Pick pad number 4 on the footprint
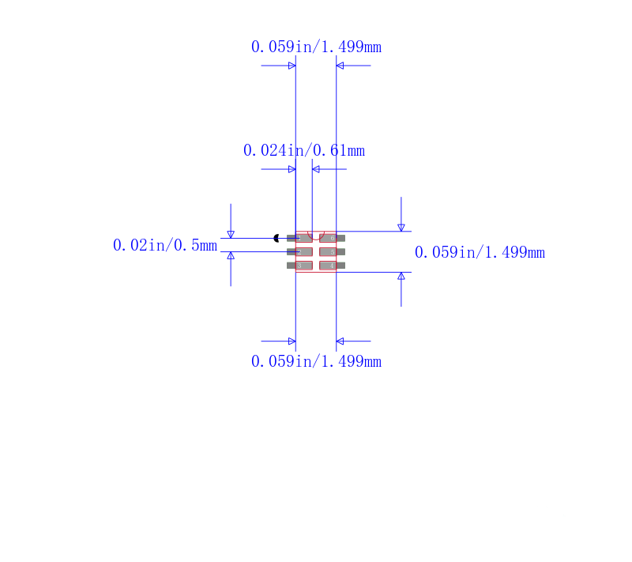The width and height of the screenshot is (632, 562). coord(333,266)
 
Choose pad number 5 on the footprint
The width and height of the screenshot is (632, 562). coord(333,252)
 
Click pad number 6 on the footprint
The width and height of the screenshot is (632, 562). coord(333,238)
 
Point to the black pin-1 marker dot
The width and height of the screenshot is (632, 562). coord(276,238)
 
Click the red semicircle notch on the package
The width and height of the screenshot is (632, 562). coord(316,235)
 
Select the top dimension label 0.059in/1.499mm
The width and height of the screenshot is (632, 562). coord(316,47)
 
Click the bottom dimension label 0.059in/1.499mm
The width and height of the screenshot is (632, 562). coord(316,361)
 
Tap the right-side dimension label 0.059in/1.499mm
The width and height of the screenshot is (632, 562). coord(480,252)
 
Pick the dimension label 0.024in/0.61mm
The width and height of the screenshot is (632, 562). coord(304,150)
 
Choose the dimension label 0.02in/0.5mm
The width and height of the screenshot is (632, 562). coord(164,245)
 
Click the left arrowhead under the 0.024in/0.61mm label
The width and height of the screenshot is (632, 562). coord(292,169)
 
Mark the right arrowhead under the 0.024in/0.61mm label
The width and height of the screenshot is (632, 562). coord(316,169)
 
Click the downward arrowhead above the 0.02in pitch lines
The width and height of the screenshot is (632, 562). coord(231,234)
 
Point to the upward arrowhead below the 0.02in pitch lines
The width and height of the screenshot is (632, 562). coord(231,256)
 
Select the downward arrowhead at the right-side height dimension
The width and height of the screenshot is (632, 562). coord(401,228)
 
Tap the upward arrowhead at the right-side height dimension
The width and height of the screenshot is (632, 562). coord(401,276)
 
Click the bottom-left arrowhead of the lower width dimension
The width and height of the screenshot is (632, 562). coord(292,341)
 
